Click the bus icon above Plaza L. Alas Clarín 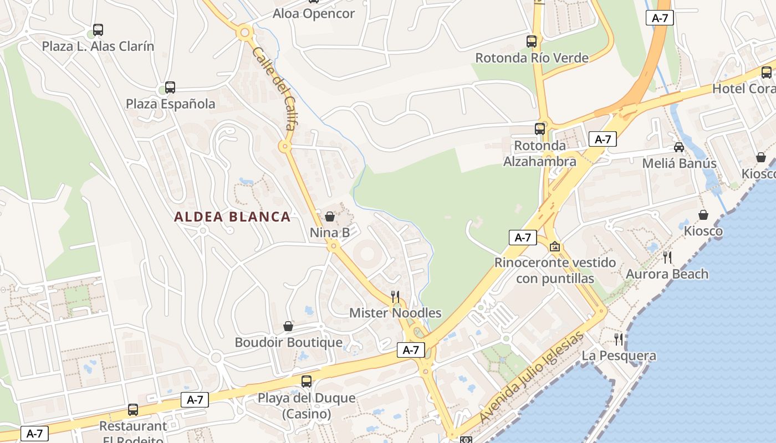coord(98,30)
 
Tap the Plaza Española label coord(170,104)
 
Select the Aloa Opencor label coord(313,14)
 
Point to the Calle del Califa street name coord(273,89)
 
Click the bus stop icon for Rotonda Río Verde coord(532,41)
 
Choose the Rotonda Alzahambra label coord(540,153)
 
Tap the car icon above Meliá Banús coord(679,147)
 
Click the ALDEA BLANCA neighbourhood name coord(232,217)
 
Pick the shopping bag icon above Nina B coord(330,216)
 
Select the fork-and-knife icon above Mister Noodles coord(395,297)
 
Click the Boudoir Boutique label coord(288,342)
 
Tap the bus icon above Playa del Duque coord(307,381)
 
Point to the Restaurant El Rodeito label coord(133,432)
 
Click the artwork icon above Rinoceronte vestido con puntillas coord(555,246)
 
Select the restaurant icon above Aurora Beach coord(667,257)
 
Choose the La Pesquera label coord(619,356)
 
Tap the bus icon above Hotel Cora coord(767,73)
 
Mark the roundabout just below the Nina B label coord(333,246)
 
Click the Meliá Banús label coord(679,163)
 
